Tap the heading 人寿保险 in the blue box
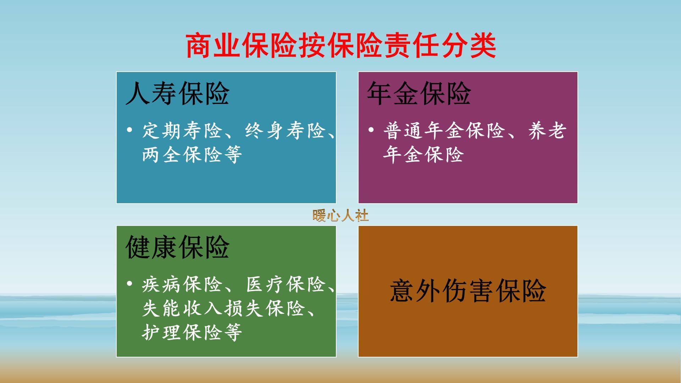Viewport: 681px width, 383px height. [x=177, y=94]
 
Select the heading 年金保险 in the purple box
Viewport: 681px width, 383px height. [x=419, y=94]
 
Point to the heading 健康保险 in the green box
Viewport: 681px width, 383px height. [x=177, y=247]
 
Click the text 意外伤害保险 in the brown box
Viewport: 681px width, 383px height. [x=468, y=291]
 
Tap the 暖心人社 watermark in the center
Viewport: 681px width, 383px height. [x=340, y=215]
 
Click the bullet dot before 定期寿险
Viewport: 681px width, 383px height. [x=129, y=130]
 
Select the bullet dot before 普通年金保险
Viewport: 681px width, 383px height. [x=371, y=130]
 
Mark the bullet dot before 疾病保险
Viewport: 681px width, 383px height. [x=129, y=283]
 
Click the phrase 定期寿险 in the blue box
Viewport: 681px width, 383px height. [x=182, y=131]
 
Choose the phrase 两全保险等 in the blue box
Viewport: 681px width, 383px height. [x=192, y=155]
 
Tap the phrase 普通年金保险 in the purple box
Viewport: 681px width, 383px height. [x=444, y=131]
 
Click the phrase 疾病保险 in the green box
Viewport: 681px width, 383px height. [x=182, y=284]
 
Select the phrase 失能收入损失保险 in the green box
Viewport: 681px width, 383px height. [x=223, y=309]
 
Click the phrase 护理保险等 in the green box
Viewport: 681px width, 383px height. [x=192, y=332]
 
